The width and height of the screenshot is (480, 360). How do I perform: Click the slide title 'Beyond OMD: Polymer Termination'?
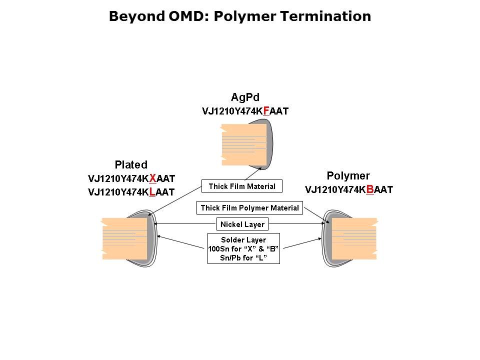click(239, 16)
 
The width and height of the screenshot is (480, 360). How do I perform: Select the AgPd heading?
click(245, 96)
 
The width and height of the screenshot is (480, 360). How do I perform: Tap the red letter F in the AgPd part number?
click(266, 110)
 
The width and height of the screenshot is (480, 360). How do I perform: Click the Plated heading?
click(131, 164)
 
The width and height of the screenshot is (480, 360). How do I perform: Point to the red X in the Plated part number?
click(153, 178)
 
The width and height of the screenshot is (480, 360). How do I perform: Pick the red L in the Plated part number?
click(152, 191)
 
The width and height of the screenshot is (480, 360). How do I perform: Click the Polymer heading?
click(348, 175)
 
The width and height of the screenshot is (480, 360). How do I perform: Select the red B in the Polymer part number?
click(370, 189)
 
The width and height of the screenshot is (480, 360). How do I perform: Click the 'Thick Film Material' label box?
click(242, 186)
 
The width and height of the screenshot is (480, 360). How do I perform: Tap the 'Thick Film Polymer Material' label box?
click(249, 207)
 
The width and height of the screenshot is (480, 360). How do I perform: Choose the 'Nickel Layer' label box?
click(242, 224)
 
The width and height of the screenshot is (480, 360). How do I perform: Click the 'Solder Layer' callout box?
click(243, 248)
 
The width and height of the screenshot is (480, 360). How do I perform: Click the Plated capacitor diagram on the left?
click(129, 238)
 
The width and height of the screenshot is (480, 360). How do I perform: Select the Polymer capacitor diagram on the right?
click(350, 238)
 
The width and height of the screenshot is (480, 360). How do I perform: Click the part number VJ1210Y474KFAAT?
click(245, 111)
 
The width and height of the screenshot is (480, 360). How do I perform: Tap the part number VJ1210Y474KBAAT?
click(349, 189)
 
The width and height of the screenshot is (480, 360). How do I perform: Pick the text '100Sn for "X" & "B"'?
click(243, 248)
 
